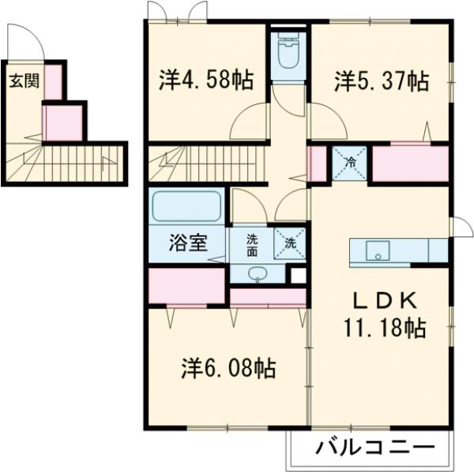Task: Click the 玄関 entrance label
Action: [21, 81]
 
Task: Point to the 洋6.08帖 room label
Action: [228, 368]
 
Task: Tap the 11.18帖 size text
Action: [384, 326]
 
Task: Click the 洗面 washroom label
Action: [251, 245]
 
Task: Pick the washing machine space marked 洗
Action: [290, 244]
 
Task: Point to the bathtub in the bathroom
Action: [187, 206]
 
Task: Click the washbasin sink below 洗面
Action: [257, 274]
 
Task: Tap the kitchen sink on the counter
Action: [378, 252]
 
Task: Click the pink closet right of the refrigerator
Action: [409, 164]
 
